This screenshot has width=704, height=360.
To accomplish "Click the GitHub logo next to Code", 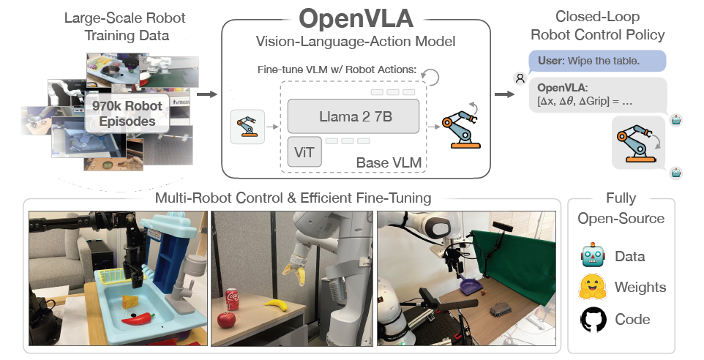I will coord(591,319).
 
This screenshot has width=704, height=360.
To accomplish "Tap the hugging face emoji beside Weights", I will coord(591,287).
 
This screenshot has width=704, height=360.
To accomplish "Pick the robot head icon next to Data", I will coord(591,255).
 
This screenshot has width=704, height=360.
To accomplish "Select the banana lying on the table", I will coord(275,304).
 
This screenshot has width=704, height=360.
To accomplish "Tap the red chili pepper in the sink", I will coord(138,318).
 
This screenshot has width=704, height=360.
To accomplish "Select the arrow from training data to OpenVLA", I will coord(207,94).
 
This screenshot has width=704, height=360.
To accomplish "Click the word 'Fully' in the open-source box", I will coord(621,198).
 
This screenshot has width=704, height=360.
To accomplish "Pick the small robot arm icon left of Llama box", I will coord(245,127).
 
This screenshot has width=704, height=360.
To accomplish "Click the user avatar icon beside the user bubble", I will coord(519,77).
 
